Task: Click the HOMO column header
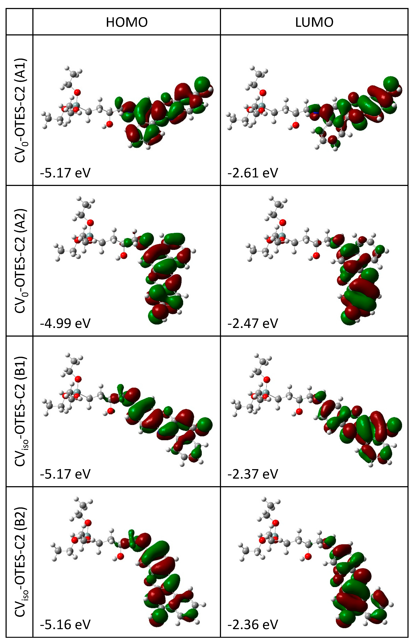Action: (x=127, y=22)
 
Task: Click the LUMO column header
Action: (x=314, y=22)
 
